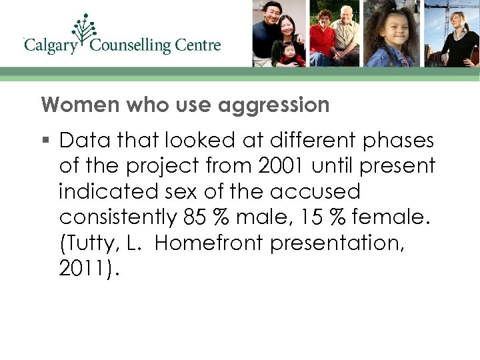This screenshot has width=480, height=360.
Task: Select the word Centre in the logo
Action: [x=197, y=45]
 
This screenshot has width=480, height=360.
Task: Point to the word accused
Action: [x=315, y=192]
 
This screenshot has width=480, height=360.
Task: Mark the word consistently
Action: [x=116, y=217]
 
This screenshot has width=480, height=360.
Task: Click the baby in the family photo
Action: [x=291, y=53]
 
